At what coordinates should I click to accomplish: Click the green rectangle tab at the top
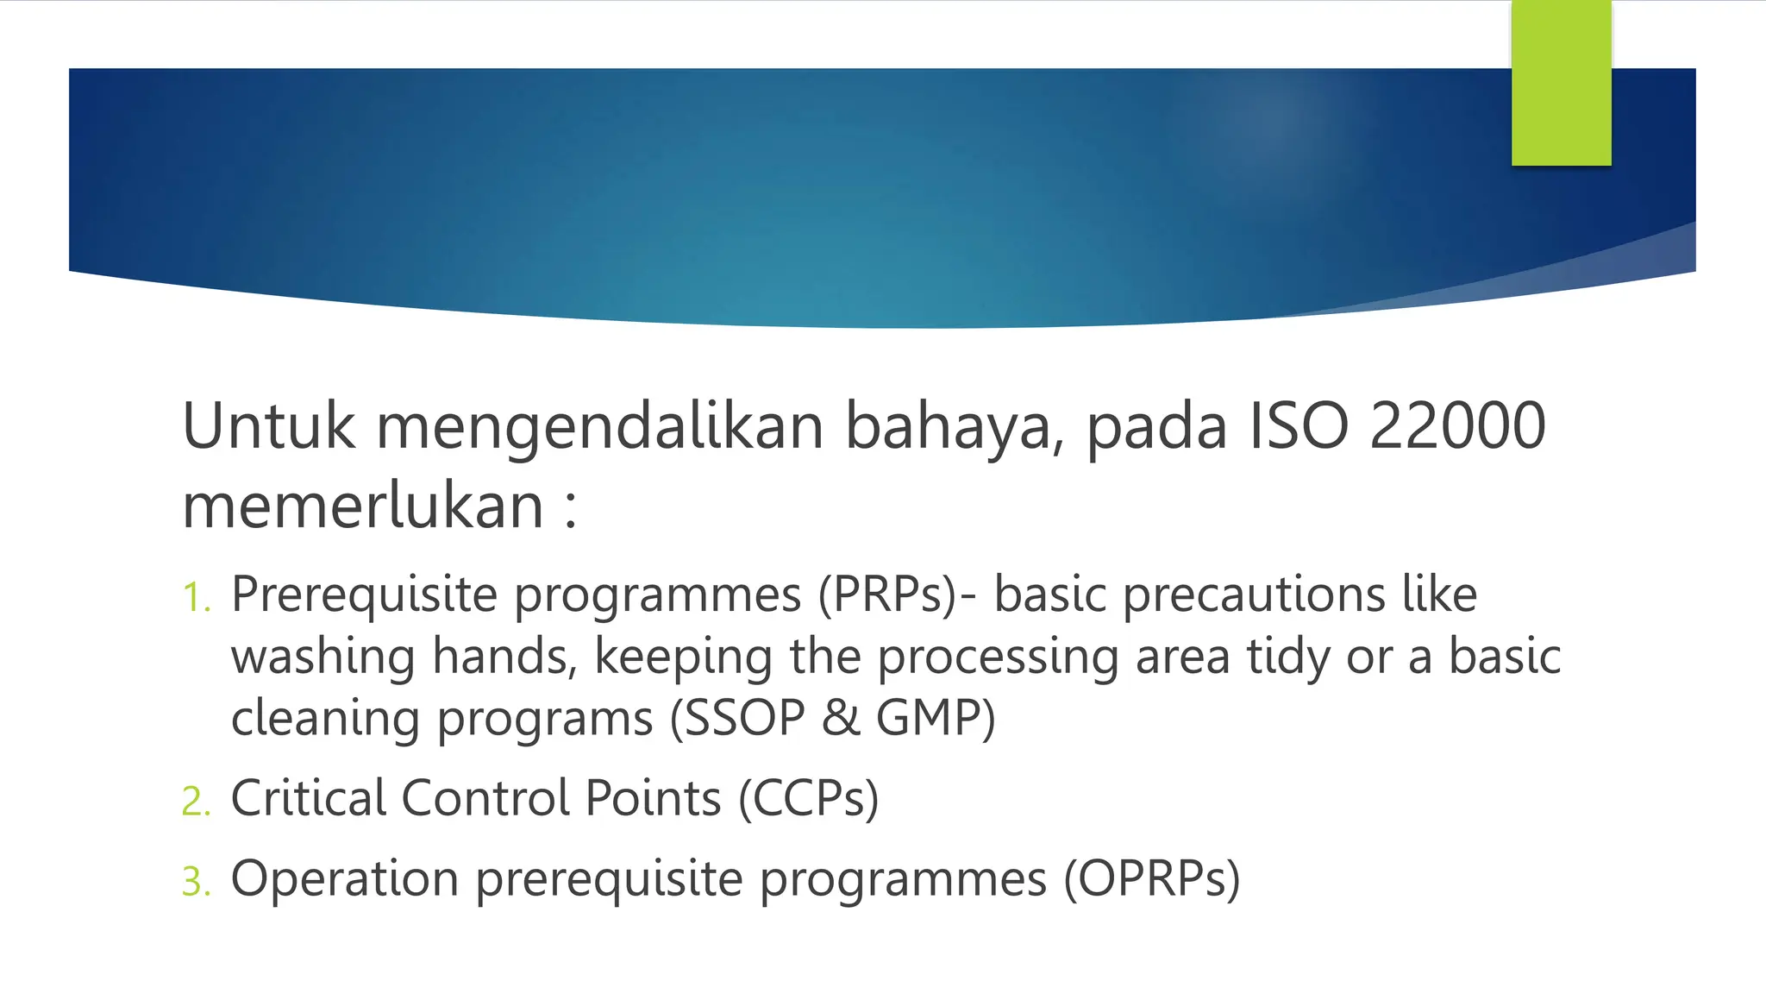pyautogui.click(x=1561, y=83)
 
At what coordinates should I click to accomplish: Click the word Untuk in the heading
pyautogui.click(x=268, y=426)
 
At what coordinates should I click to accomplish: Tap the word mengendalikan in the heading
pyautogui.click(x=600, y=428)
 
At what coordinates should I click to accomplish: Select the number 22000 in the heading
pyautogui.click(x=1457, y=426)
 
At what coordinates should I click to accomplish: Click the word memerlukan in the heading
pyautogui.click(x=363, y=506)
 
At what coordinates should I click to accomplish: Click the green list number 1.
pyautogui.click(x=196, y=598)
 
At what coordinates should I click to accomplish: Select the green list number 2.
pyautogui.click(x=196, y=802)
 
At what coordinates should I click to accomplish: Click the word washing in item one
pyautogui.click(x=323, y=657)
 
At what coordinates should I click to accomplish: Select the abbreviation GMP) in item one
pyautogui.click(x=936, y=719)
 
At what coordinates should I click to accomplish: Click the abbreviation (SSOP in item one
pyautogui.click(x=738, y=719)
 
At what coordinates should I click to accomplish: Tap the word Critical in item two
pyautogui.click(x=308, y=798)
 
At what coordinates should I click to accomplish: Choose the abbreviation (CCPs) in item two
pyautogui.click(x=808, y=800)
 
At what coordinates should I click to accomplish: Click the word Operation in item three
pyautogui.click(x=344, y=879)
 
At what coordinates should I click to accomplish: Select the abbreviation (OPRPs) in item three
pyautogui.click(x=1152, y=881)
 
